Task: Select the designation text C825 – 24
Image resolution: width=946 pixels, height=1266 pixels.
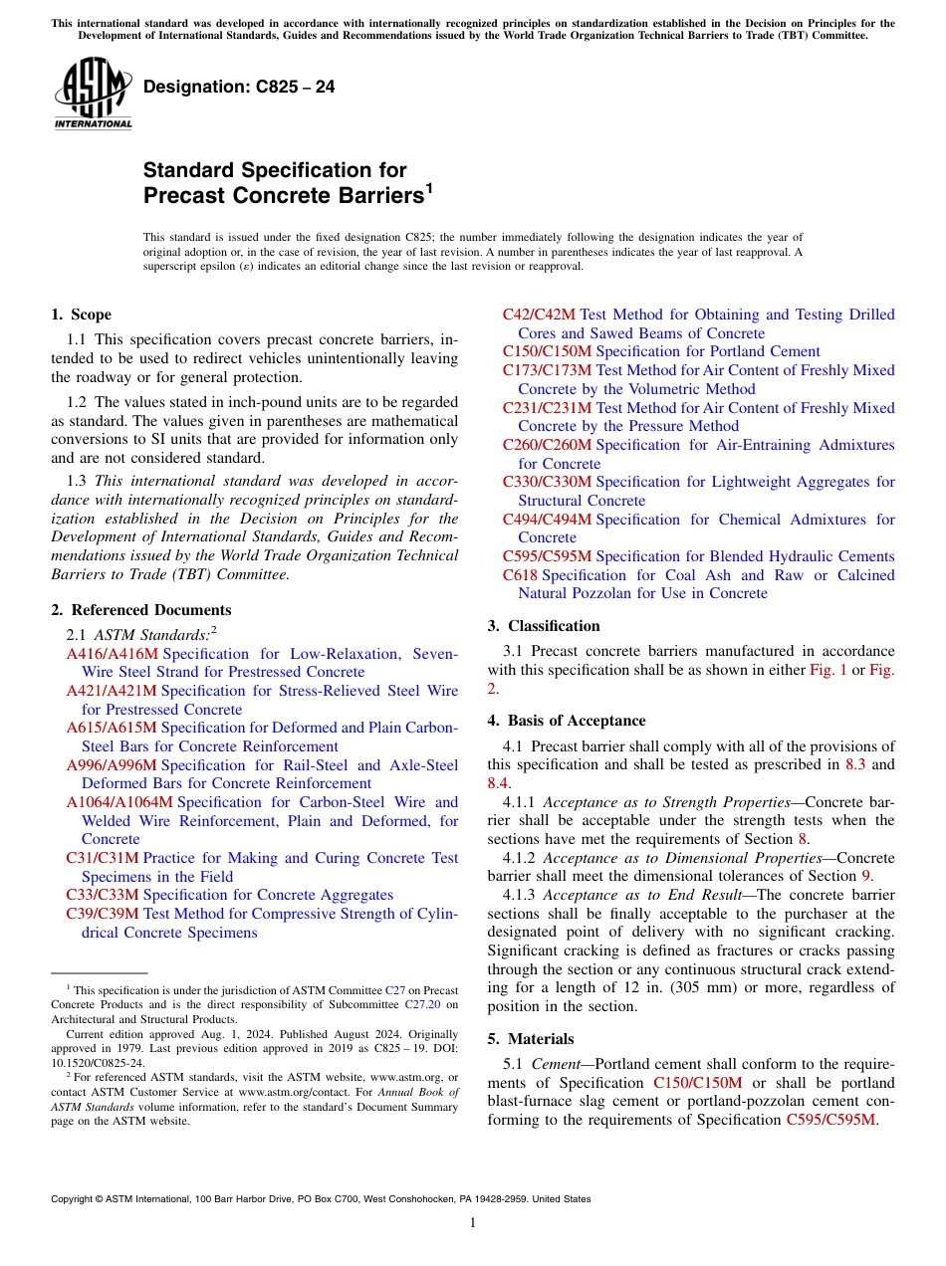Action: click(x=239, y=87)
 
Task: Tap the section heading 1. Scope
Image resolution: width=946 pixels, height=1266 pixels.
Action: click(x=81, y=315)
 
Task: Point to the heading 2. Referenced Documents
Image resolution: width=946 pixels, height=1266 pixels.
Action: click(x=140, y=610)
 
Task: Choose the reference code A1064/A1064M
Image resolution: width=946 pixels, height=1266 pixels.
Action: click(x=118, y=802)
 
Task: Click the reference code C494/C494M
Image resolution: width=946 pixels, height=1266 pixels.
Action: click(x=547, y=520)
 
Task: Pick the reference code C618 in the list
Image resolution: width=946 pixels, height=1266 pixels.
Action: click(x=520, y=575)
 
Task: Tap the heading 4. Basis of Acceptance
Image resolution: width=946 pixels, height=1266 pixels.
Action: click(x=566, y=721)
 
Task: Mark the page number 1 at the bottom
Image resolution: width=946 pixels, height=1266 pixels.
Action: click(x=473, y=1223)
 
